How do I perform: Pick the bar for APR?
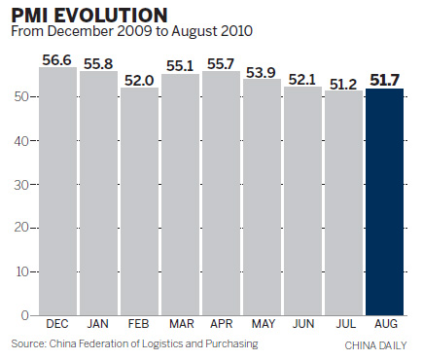pyautogui.click(x=222, y=194)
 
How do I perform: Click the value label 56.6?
pyautogui.click(x=58, y=59)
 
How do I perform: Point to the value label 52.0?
pyautogui.click(x=140, y=80)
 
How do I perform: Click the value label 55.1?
pyautogui.click(x=181, y=66)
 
